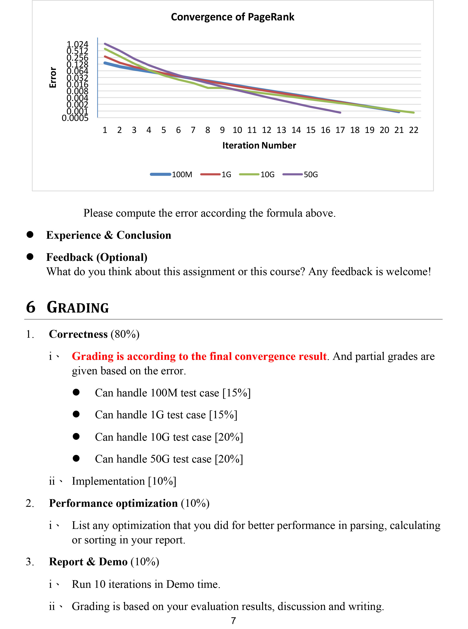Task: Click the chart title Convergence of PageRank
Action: click(x=233, y=17)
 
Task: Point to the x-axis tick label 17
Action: click(x=340, y=130)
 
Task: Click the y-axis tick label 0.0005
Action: click(x=75, y=118)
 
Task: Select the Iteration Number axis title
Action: click(x=259, y=145)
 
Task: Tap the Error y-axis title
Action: click(x=53, y=77)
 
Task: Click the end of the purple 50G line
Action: click(x=340, y=113)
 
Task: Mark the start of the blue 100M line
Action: click(x=105, y=63)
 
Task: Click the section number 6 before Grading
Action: click(x=31, y=307)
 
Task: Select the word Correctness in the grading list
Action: click(x=78, y=334)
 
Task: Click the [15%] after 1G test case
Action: click(x=223, y=415)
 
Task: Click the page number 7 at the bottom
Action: click(x=233, y=621)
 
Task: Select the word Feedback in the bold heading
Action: click(x=70, y=257)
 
